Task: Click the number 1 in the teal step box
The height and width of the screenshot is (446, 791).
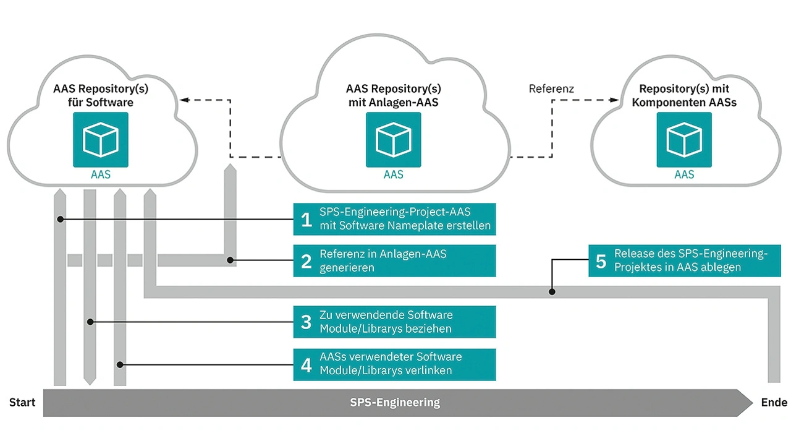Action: [x=306, y=219]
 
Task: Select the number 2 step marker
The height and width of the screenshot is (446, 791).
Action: [x=306, y=261]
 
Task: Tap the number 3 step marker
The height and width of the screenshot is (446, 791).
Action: [x=306, y=322]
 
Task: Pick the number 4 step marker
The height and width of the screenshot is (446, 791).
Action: [x=306, y=364]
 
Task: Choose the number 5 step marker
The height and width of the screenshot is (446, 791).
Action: [x=601, y=260]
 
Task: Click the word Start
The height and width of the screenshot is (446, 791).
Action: [x=22, y=403]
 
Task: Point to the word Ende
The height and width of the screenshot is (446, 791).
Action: [x=774, y=403]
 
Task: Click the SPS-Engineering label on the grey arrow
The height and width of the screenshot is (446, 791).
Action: [x=395, y=403]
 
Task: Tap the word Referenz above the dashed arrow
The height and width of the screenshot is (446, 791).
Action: [x=551, y=89]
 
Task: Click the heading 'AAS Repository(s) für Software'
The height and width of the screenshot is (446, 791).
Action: [x=101, y=95]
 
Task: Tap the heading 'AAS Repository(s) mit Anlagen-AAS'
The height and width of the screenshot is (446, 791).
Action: [x=394, y=95]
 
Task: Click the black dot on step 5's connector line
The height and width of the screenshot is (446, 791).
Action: [x=552, y=291]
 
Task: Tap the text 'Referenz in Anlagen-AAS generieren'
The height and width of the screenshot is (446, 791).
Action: [x=383, y=261]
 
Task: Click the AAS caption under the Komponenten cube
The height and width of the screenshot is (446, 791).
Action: [x=684, y=174]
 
